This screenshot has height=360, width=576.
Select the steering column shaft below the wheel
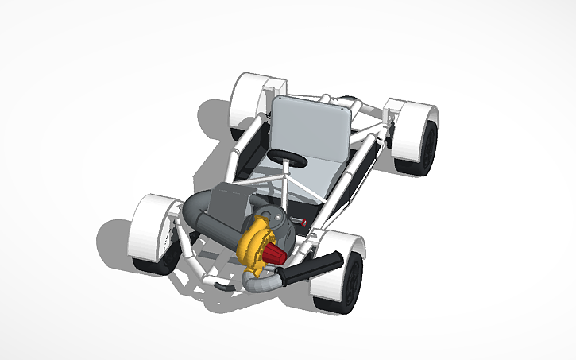point(284,183)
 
